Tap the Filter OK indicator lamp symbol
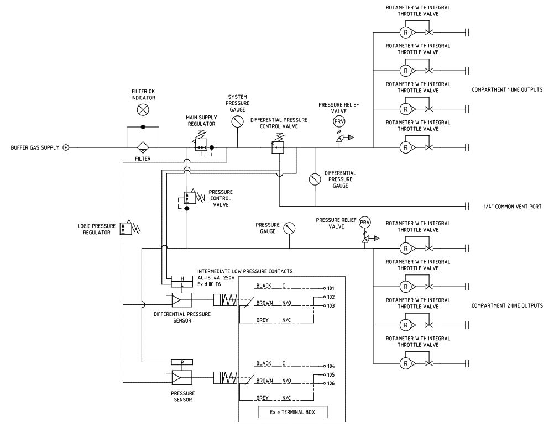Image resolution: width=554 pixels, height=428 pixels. click(143, 110)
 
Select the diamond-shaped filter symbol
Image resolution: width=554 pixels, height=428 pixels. click(143, 147)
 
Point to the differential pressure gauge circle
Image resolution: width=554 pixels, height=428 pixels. click(315, 179)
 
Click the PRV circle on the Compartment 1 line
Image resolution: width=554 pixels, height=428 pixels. click(338, 121)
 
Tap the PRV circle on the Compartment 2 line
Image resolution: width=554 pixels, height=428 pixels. click(364, 222)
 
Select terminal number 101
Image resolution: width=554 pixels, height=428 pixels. click(332, 288)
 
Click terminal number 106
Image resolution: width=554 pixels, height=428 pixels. click(332, 383)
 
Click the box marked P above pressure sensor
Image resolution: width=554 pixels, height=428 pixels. click(182, 362)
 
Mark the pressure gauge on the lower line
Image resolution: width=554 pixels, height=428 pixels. click(289, 228)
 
